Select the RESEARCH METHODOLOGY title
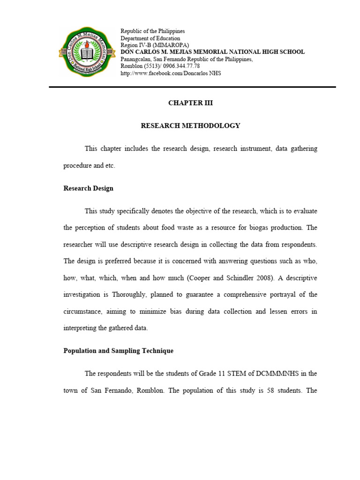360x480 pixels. pos(190,126)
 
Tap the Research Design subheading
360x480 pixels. pos(88,188)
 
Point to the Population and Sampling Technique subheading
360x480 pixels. pos(118,351)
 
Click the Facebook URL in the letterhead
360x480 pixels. pos(171,73)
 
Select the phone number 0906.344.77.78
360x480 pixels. pos(180,66)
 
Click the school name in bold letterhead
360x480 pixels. pos(212,52)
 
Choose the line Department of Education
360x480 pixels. pos(150,38)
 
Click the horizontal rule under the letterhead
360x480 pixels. pos(192,87)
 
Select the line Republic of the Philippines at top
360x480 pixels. pos(153,31)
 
